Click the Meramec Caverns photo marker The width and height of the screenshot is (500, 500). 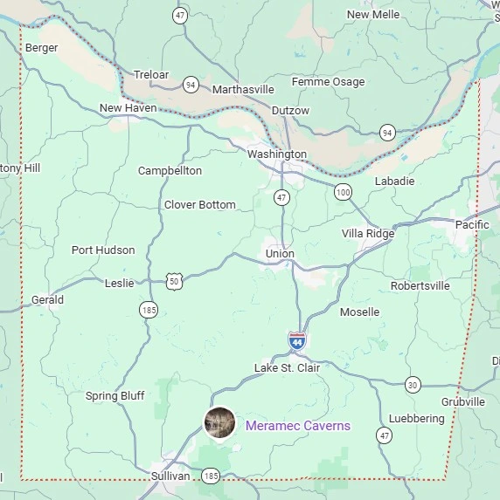219,423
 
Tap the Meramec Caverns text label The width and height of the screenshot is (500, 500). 297,426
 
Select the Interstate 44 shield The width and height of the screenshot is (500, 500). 297,340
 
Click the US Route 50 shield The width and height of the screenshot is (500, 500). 175,281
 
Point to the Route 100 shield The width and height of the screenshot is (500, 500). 343,192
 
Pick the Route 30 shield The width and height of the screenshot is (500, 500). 413,384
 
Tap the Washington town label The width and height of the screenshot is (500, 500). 277,154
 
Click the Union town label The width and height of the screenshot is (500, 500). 280,254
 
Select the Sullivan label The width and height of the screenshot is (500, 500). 170,476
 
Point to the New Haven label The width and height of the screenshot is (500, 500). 128,108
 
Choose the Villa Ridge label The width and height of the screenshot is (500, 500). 367,234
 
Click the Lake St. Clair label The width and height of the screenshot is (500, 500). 287,368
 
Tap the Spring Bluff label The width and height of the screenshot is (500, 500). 115,396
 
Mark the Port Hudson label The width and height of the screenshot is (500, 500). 103,250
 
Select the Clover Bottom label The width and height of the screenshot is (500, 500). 199,205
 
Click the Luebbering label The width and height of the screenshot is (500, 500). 416,419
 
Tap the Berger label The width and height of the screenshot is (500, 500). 42,48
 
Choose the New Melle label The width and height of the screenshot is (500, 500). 372,15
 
